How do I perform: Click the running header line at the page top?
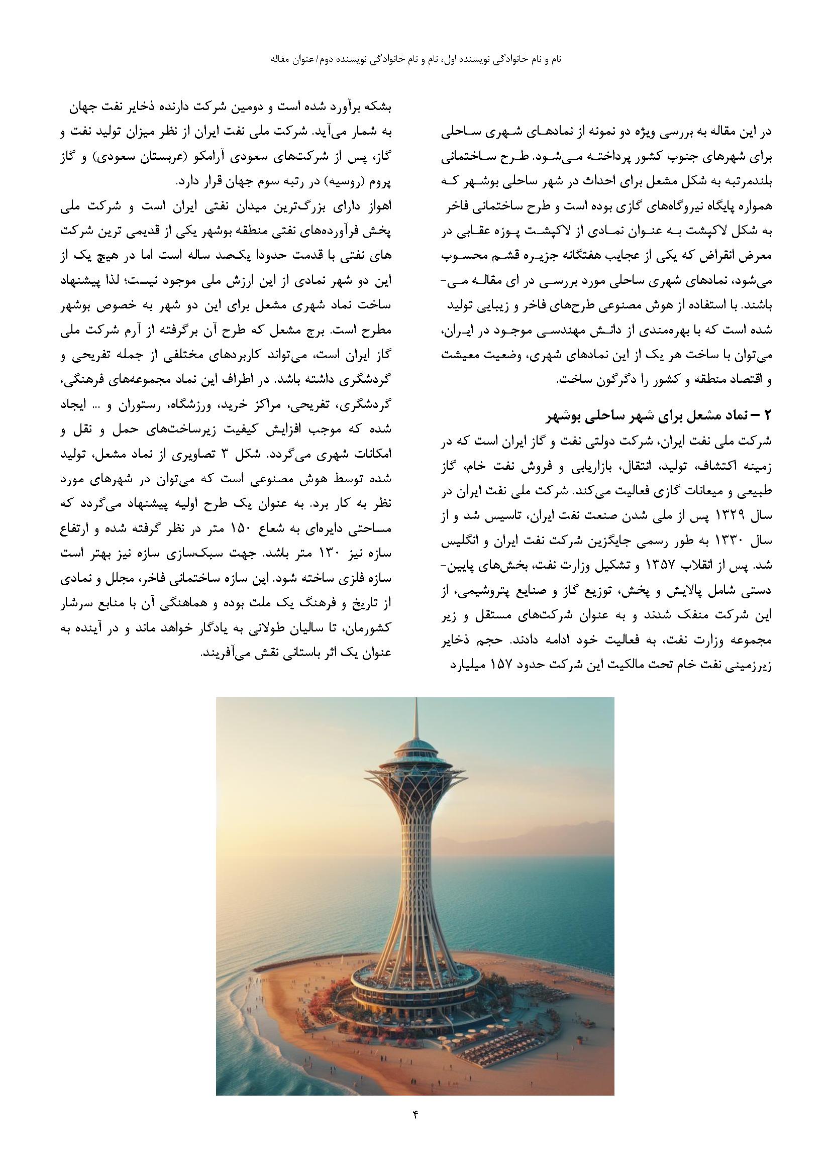point(415,59)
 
